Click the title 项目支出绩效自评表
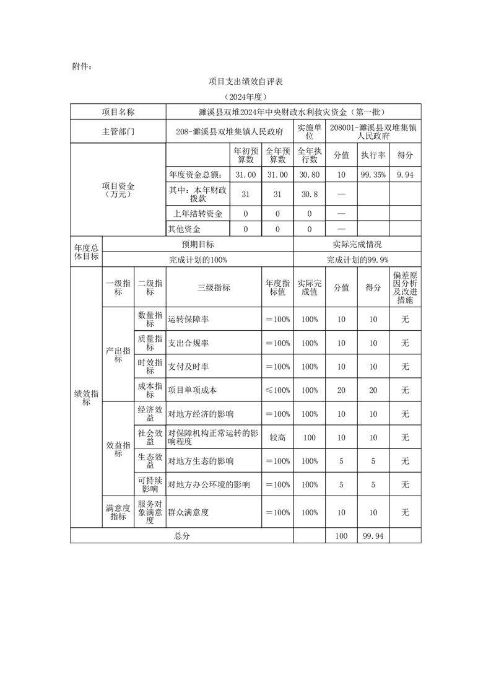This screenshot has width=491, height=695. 245,81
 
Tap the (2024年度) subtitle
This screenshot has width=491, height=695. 245,97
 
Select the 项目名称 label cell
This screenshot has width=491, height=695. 118,112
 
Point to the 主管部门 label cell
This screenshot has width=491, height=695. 118,131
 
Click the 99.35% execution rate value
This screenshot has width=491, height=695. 373,175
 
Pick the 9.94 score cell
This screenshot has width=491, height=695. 405,175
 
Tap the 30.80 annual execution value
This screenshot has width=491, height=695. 310,175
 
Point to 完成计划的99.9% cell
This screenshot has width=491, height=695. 357,260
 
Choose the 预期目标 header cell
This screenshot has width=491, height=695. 198,245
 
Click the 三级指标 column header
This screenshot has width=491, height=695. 214,287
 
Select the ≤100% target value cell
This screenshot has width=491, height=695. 277,390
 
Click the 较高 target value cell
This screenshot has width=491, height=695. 277,437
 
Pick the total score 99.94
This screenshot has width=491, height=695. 373,536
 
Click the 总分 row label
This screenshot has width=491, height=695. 182,536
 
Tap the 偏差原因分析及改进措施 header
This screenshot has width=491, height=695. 405,287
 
